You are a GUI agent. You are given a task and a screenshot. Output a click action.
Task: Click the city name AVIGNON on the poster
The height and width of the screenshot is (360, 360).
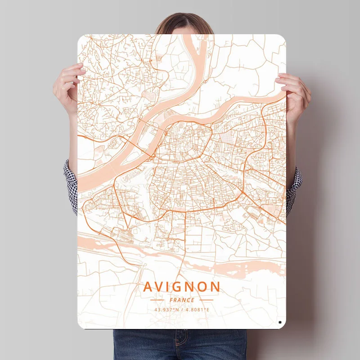click(x=182, y=287)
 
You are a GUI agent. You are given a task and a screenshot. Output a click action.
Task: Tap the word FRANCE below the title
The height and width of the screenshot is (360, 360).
click(x=182, y=300)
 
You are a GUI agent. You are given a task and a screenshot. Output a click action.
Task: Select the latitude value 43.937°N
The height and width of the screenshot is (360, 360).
click(x=166, y=310)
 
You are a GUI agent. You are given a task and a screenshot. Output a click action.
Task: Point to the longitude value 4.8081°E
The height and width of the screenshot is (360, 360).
click(x=198, y=310)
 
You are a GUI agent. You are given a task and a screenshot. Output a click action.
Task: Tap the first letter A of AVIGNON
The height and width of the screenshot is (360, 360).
click(x=148, y=287)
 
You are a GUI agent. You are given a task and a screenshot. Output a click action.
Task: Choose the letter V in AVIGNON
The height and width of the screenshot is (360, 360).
click(x=159, y=287)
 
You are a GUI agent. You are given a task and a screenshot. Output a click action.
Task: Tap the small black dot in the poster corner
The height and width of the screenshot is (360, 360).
click(x=280, y=322)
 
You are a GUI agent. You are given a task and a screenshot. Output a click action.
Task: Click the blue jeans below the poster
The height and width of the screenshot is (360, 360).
click(x=180, y=344)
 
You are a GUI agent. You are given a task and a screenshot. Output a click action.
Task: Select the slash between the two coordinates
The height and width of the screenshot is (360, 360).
click(x=182, y=310)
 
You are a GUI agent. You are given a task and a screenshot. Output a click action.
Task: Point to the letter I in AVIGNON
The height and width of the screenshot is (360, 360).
click(x=170, y=287)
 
